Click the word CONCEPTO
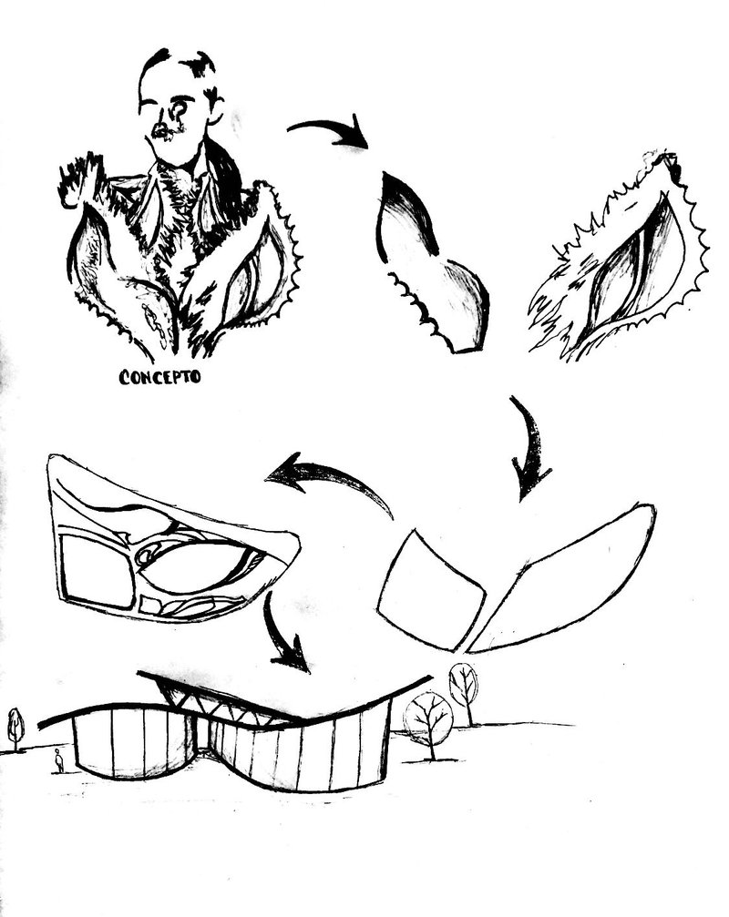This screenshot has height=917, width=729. pyautogui.click(x=159, y=376)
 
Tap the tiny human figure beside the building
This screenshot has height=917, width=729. pyautogui.click(x=58, y=760)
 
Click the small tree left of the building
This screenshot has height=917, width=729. pyautogui.click(x=15, y=729)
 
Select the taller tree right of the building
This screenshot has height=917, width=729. pyautogui.click(x=464, y=690)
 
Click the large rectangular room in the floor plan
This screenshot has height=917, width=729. pyautogui.click(x=98, y=571)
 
